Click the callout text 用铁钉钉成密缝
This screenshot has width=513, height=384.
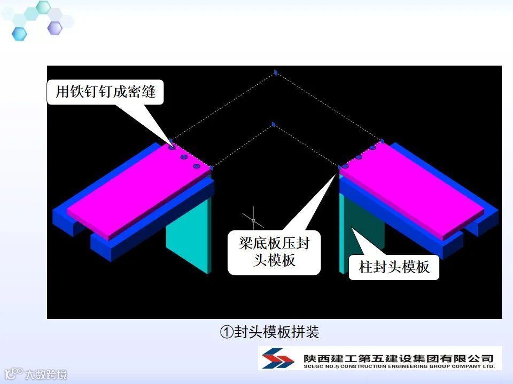[x=106, y=92]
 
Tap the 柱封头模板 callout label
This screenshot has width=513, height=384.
[x=394, y=267]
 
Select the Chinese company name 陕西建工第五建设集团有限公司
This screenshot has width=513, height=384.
[x=398, y=356]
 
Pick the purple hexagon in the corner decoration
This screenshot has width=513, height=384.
[x=55, y=27]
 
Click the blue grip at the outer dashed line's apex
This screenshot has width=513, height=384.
[x=276, y=72]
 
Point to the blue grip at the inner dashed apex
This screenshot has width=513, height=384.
[x=273, y=125]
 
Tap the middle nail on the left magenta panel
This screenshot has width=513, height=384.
[x=183, y=157]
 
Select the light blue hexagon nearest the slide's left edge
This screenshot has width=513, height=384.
[x=19, y=34]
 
